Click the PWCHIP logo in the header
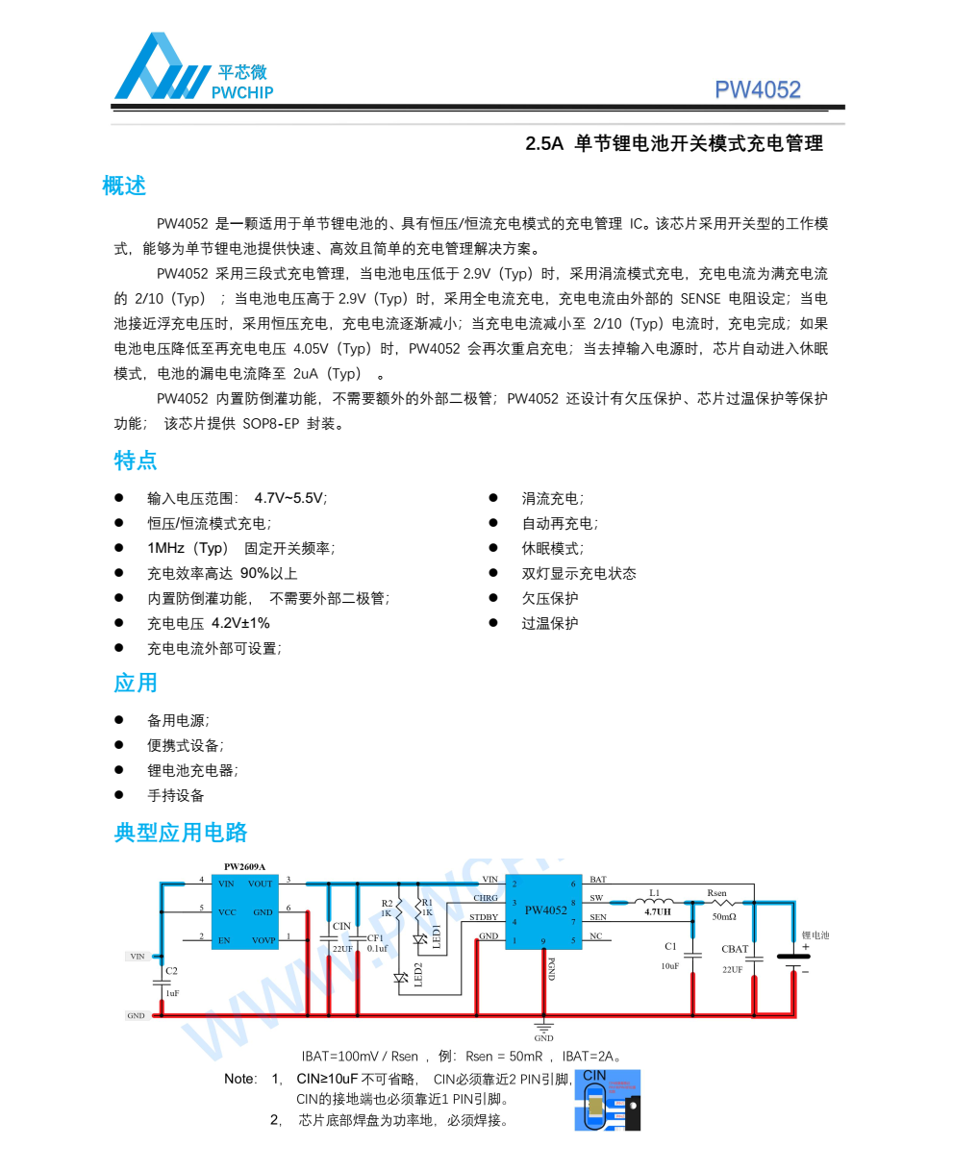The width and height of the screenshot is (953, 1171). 192,67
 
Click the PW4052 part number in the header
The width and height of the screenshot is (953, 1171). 757,89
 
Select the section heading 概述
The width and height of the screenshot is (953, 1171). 124,186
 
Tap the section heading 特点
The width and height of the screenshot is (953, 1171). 136,461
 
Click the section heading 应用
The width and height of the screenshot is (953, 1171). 136,684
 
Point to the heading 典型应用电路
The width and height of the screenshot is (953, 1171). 181,833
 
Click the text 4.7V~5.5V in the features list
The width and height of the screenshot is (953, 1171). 289,498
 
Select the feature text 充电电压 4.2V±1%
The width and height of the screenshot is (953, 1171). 208,623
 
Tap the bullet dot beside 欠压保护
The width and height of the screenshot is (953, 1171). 493,597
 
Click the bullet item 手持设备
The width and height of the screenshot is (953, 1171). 175,795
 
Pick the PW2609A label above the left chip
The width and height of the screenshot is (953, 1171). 244,866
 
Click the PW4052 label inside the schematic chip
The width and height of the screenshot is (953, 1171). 545,910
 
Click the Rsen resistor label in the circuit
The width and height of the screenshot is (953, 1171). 717,893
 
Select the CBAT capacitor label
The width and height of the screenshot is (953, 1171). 735,949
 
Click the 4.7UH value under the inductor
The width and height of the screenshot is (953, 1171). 658,912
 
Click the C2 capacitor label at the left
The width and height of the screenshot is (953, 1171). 171,971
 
